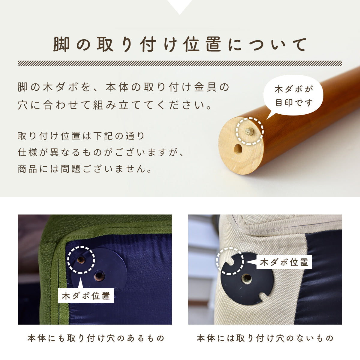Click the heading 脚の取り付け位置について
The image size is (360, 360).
(180, 44)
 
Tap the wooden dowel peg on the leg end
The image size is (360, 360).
(249, 131)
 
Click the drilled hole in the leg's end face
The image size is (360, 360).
(238, 149)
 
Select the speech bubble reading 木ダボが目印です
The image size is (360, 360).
(293, 96)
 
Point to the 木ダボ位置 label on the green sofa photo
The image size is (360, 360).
(86, 295)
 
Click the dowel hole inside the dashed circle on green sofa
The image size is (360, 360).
(81, 260)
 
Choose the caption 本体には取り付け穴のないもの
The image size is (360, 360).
(265, 338)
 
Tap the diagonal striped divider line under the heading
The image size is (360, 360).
(180, 63)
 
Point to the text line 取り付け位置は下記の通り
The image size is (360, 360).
(81, 136)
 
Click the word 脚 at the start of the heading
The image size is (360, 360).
(61, 44)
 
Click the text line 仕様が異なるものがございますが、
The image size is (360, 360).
(101, 152)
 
